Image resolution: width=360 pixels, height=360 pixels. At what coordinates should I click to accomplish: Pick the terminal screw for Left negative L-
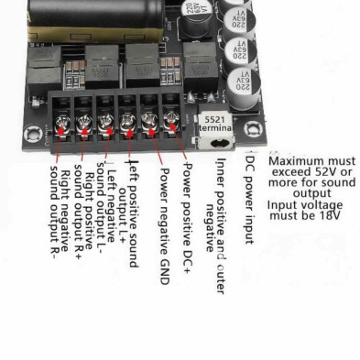point(105,124)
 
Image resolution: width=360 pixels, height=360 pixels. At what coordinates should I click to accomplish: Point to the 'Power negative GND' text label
point(165,221)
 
